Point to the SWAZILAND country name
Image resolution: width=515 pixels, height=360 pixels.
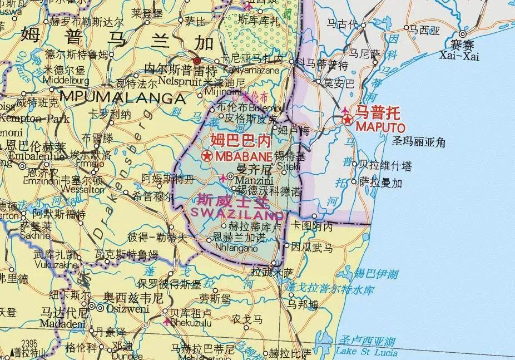[239, 212]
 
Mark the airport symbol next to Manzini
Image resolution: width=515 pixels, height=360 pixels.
[224, 177]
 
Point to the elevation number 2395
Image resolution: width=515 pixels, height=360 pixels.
[28, 343]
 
